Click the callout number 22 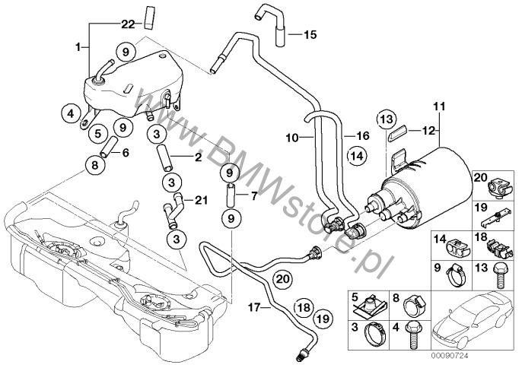[x=128, y=25]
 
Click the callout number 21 [x=200, y=200]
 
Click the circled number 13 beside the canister [x=387, y=119]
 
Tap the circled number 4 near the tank [x=69, y=115]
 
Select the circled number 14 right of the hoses [x=356, y=157]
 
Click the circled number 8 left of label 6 [x=96, y=163]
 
